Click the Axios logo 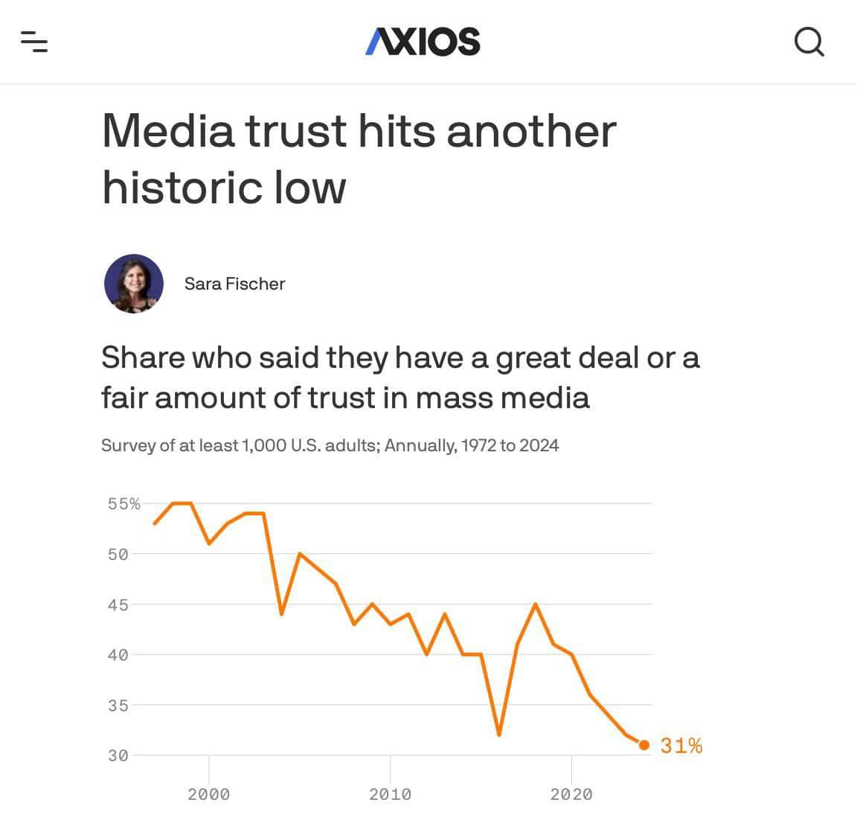tap(423, 42)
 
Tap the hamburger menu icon tap(34, 42)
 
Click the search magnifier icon tap(809, 42)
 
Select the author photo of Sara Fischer tap(134, 284)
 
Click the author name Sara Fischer tap(234, 284)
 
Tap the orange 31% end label tap(681, 746)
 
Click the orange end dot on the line tap(644, 745)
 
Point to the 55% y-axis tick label tap(123, 504)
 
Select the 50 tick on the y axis tap(118, 554)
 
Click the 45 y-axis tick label tap(118, 605)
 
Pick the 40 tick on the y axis tap(118, 655)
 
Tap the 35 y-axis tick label tap(118, 705)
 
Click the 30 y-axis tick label tap(118, 755)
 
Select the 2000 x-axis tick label tap(209, 794)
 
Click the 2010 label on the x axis tap(391, 794)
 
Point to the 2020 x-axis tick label tap(571, 794)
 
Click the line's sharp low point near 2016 tap(498, 734)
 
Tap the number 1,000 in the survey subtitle tap(263, 445)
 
